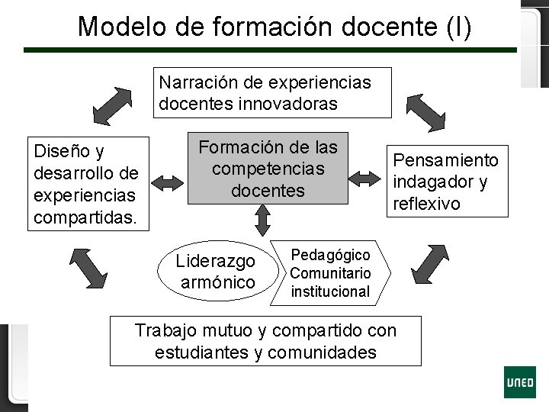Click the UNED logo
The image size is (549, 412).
(x=519, y=381)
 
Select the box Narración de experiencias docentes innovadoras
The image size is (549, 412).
(x=274, y=92)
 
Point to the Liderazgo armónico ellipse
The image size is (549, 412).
(x=216, y=272)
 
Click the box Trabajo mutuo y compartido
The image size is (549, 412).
(x=265, y=341)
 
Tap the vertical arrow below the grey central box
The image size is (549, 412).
(x=263, y=220)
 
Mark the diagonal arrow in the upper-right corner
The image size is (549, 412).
(x=425, y=111)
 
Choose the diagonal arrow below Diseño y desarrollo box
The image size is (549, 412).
(x=89, y=268)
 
